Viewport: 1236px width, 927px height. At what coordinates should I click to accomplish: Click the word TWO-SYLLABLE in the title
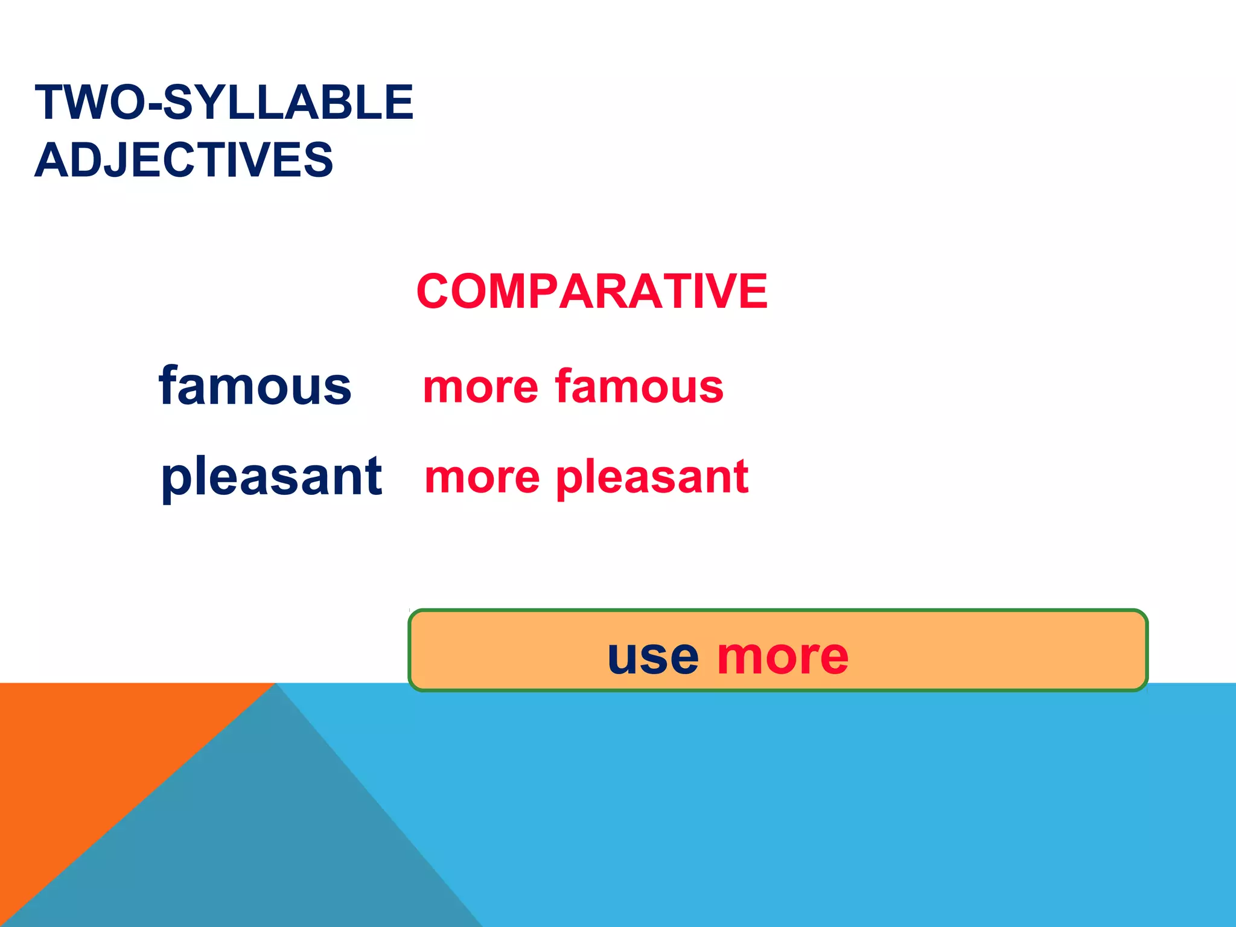[224, 102]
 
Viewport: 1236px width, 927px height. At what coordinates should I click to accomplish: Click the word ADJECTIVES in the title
[184, 160]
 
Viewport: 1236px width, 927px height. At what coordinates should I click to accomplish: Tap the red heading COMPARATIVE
[591, 291]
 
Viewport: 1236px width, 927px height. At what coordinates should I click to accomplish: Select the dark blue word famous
[255, 386]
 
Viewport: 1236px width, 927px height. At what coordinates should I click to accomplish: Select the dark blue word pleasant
[271, 477]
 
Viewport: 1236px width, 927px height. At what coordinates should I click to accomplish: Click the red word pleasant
[652, 477]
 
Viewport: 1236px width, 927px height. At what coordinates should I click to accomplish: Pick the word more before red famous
[480, 387]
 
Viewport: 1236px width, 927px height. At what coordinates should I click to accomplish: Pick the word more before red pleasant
[482, 478]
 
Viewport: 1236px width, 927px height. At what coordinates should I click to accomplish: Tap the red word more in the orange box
[783, 657]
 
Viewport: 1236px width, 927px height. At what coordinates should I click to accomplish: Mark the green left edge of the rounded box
[410, 651]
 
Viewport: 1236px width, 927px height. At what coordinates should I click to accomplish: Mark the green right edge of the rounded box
[1146, 651]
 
